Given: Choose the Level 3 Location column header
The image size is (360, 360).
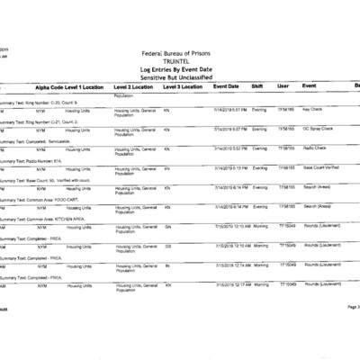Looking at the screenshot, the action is point(183,85).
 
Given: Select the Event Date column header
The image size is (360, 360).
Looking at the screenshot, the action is point(226,85).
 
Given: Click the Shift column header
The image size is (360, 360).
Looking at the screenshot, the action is point(257,85).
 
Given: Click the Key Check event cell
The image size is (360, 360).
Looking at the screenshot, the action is point(313,109).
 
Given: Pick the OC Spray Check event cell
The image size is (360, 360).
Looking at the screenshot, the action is point(319,129).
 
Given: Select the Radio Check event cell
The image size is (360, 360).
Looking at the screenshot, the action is point(315,148).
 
